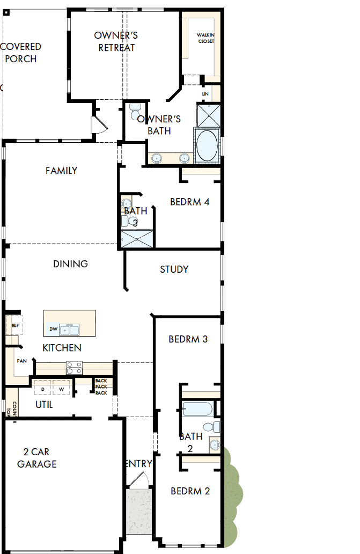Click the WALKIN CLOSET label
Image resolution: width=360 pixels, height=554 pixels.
tap(206, 38)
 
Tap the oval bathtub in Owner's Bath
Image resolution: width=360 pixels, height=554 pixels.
tap(207, 144)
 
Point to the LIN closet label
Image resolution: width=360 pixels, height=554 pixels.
tap(205, 94)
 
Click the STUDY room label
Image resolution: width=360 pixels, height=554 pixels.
tap(174, 269)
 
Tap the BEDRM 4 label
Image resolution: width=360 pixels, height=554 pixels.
tap(189, 202)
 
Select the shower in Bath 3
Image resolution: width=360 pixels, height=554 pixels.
tap(137, 239)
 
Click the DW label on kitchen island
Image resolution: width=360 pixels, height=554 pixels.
tap(53, 329)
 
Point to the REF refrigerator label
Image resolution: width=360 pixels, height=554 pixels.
tap(15, 325)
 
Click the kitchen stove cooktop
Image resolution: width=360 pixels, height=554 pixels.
tap(74, 368)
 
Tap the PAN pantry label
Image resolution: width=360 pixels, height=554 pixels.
tap(21, 361)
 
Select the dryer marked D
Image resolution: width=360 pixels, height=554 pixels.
tap(43, 388)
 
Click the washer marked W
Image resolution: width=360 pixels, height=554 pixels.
tap(61, 388)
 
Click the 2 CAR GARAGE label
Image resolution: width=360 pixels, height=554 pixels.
tap(36, 457)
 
